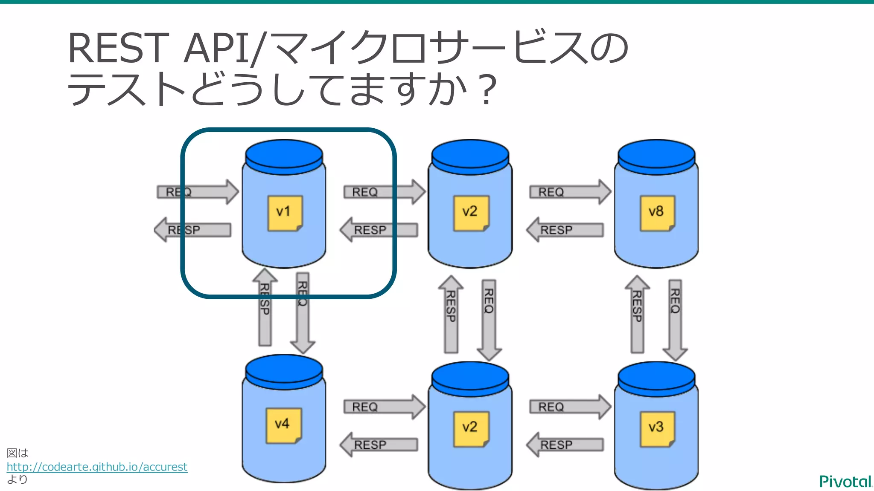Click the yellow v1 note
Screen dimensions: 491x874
click(x=285, y=213)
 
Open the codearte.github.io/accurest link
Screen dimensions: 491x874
click(x=97, y=467)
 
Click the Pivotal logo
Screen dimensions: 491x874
click(x=845, y=482)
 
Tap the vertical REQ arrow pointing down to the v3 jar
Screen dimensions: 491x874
click(x=675, y=320)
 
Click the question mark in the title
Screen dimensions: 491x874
click(x=487, y=90)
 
